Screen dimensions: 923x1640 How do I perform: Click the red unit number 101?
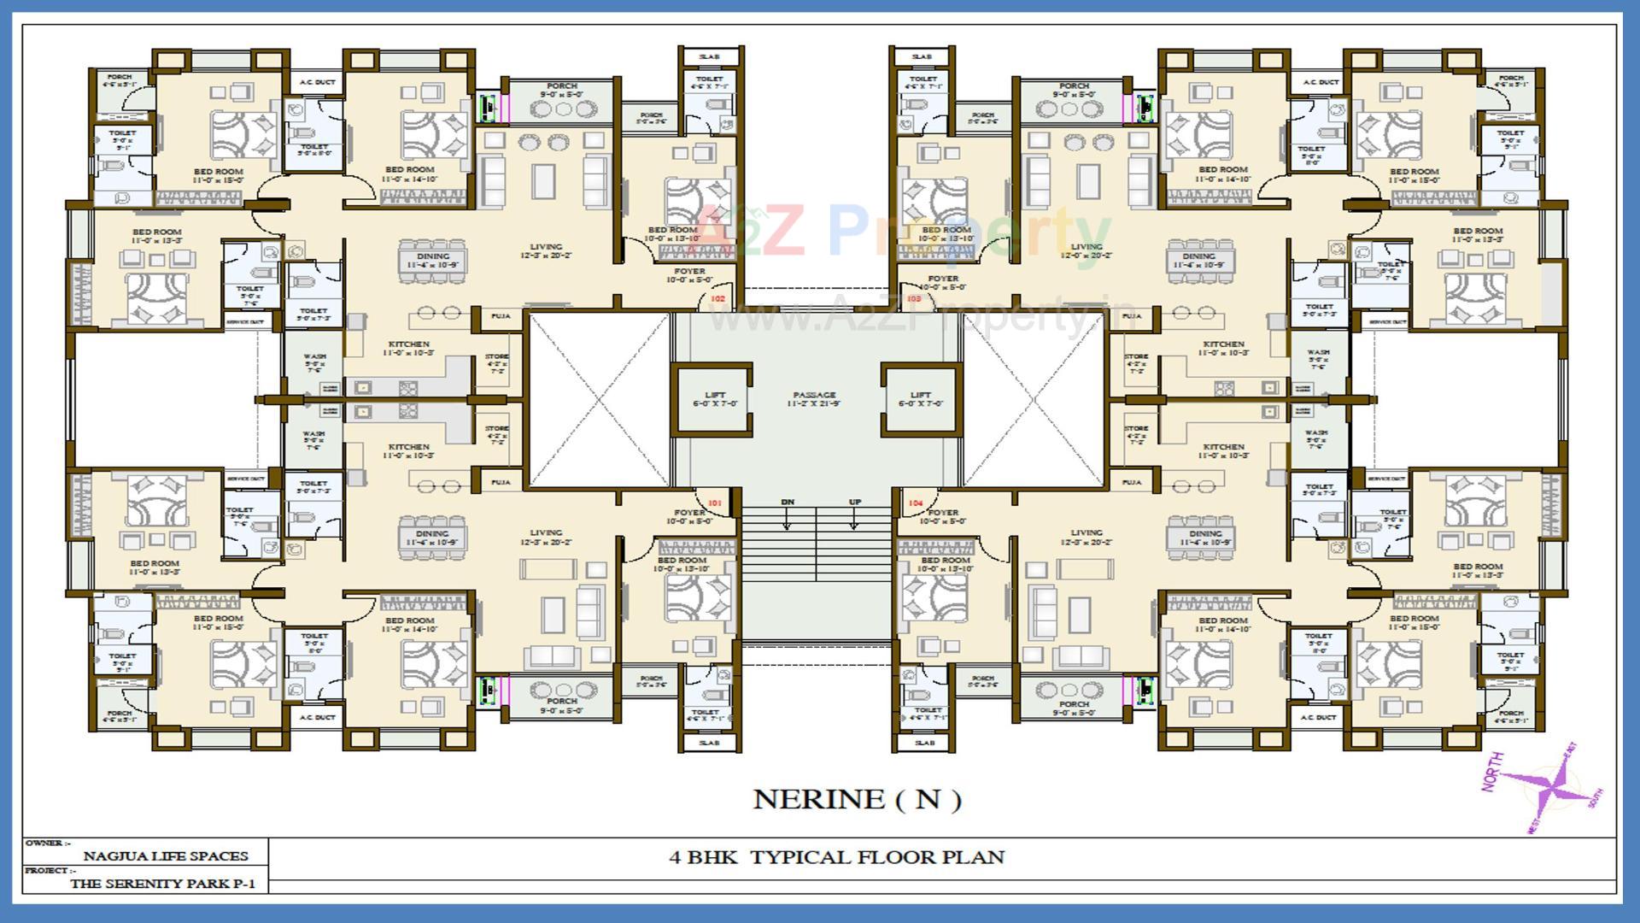pyautogui.click(x=714, y=503)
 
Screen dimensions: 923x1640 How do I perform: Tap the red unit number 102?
pyautogui.click(x=717, y=298)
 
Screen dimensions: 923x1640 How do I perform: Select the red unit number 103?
pyautogui.click(x=914, y=298)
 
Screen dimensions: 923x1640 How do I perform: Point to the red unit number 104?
pyautogui.click(x=916, y=503)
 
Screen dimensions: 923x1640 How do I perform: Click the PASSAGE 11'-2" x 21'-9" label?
pyautogui.click(x=814, y=399)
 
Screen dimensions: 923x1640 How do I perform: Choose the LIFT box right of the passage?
pyautogui.click(x=920, y=399)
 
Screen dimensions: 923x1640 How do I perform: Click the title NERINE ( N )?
pyautogui.click(x=857, y=799)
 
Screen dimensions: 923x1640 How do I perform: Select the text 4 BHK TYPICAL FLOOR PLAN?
pyautogui.click(x=836, y=857)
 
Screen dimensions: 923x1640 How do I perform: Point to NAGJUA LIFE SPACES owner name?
pyautogui.click(x=166, y=855)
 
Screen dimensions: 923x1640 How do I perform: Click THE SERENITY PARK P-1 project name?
pyautogui.click(x=162, y=884)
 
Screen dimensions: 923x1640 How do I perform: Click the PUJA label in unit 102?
pyautogui.click(x=501, y=316)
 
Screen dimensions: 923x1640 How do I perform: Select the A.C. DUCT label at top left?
pyautogui.click(x=317, y=83)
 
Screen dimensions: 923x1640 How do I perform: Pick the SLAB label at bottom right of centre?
pyautogui.click(x=924, y=743)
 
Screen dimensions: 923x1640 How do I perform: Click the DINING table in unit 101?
pyautogui.click(x=432, y=538)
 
